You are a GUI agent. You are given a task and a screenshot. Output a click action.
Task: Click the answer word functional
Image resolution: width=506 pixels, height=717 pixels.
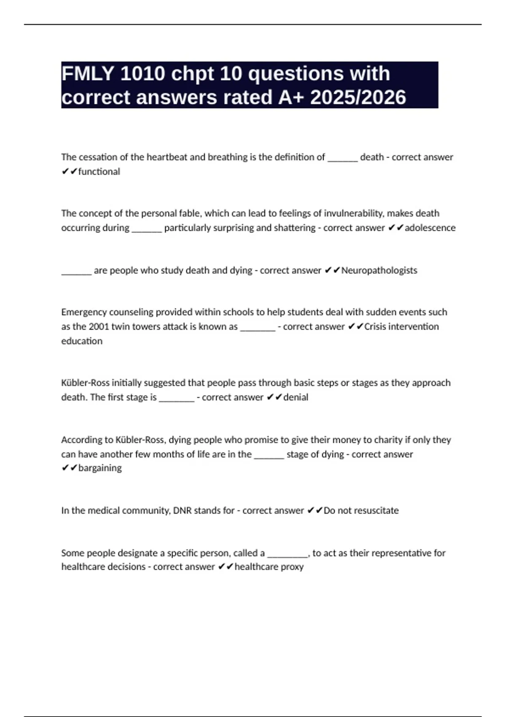(99, 172)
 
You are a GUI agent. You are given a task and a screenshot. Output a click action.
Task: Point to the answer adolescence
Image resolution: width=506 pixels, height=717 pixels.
(430, 228)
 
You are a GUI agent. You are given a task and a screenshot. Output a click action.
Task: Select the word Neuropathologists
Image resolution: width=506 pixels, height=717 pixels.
(379, 270)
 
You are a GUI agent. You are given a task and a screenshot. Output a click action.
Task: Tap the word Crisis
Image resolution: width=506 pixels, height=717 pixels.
(377, 326)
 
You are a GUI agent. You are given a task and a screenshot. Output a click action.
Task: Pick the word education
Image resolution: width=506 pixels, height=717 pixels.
(82, 341)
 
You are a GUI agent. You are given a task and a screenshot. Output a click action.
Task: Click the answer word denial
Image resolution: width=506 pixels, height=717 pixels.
(296, 397)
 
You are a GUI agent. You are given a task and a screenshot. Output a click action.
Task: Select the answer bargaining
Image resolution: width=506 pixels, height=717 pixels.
(100, 468)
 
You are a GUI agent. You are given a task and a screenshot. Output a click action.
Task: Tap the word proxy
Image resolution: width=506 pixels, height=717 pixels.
(292, 566)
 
